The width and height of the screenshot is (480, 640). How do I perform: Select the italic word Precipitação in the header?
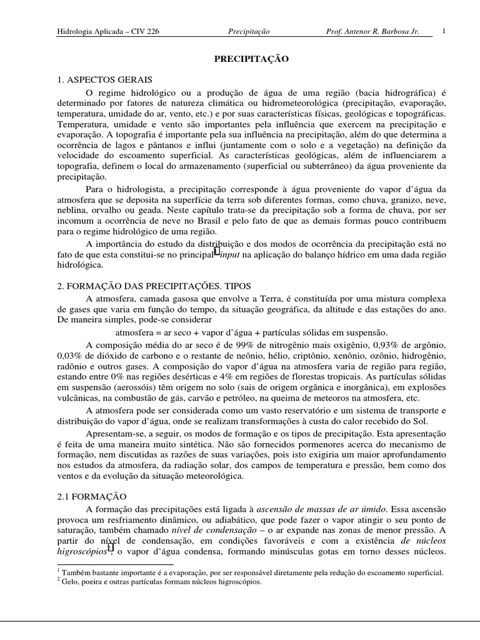(247, 31)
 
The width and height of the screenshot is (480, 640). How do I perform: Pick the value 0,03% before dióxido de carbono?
(69, 356)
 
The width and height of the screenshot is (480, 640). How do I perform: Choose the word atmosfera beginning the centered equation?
(136, 332)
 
